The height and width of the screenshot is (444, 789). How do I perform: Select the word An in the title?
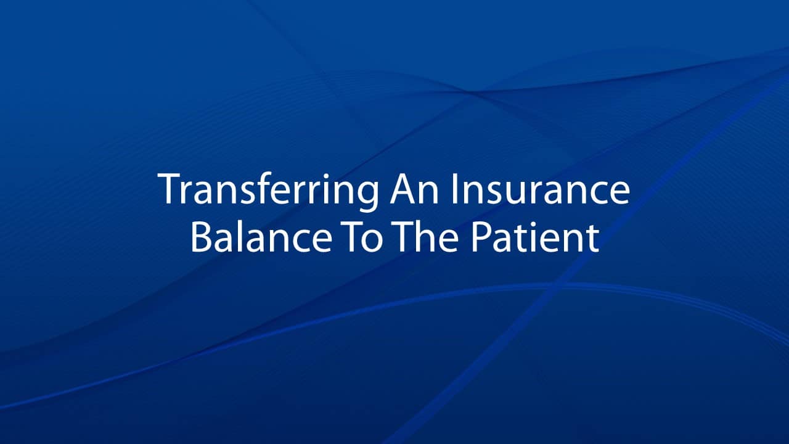[414, 189]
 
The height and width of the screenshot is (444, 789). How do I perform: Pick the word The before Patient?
[427, 236]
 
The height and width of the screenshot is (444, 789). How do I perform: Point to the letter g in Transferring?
[366, 197]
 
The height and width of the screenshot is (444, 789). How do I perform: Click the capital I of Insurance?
[455, 189]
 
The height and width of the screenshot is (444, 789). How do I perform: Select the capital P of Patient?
[482, 236]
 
